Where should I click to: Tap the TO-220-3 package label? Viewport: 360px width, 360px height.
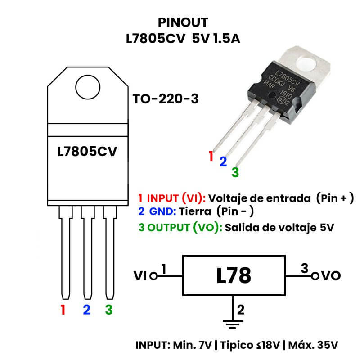tap(165, 99)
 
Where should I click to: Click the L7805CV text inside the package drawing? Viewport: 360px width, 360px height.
tap(87, 152)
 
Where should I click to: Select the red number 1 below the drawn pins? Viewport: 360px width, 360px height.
tap(63, 310)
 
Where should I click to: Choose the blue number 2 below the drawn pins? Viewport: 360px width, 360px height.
tap(86, 310)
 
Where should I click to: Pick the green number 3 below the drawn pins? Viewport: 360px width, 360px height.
tap(108, 310)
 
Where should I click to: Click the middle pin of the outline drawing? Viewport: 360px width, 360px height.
tap(87, 252)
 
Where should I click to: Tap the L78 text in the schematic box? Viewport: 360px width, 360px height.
tap(233, 275)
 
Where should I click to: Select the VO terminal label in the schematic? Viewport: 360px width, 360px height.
tap(331, 276)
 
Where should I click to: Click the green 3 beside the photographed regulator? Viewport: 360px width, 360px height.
tap(235, 172)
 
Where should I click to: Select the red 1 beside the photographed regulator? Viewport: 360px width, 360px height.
tap(211, 157)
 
